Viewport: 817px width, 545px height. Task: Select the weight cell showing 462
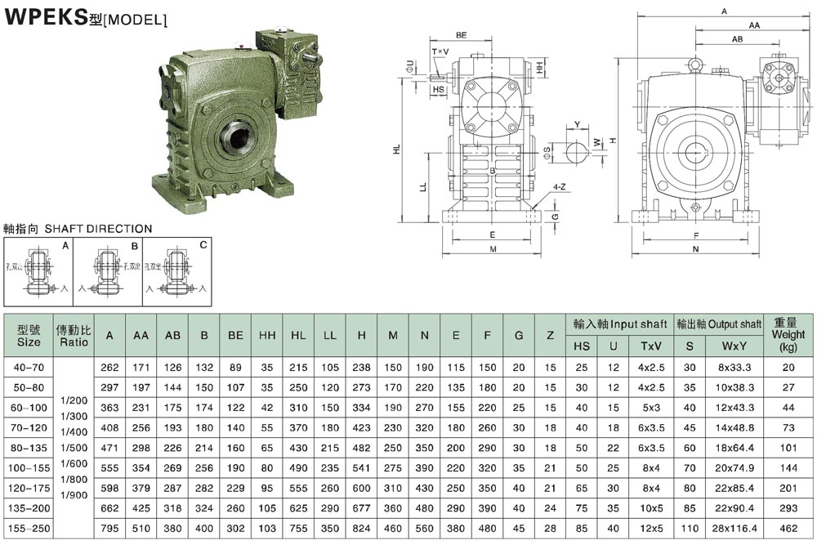click(x=788, y=528)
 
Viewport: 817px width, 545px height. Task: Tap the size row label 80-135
click(x=29, y=448)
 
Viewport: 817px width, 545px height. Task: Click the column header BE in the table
click(x=236, y=335)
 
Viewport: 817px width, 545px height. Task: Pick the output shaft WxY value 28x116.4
click(x=734, y=528)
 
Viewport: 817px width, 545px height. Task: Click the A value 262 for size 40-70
click(x=109, y=368)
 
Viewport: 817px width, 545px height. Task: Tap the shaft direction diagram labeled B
click(x=107, y=273)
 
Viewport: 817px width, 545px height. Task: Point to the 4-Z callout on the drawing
click(x=560, y=187)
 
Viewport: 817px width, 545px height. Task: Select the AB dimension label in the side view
click(x=737, y=39)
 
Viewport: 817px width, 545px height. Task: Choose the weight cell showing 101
click(x=788, y=448)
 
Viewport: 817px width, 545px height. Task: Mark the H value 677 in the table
click(x=361, y=507)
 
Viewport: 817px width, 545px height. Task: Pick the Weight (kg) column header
click(x=788, y=334)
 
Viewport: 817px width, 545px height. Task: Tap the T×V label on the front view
click(x=440, y=52)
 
